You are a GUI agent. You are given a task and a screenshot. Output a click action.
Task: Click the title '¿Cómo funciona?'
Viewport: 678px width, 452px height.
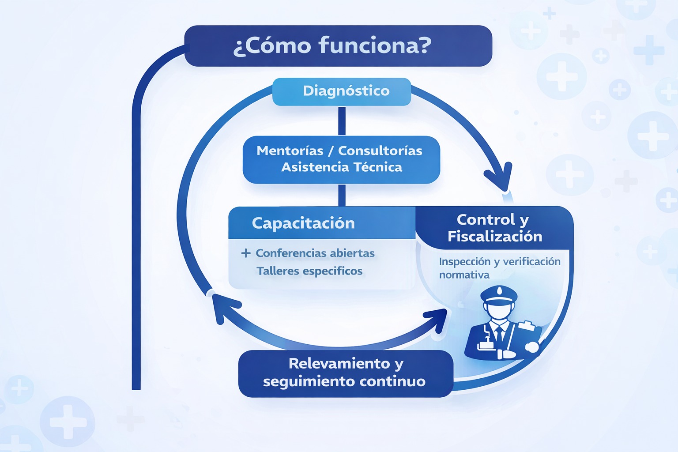click(x=332, y=45)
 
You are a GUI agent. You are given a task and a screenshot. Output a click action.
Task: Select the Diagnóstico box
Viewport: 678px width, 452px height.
click(x=342, y=91)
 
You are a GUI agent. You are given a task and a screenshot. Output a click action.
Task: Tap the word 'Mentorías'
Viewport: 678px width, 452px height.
click(x=290, y=151)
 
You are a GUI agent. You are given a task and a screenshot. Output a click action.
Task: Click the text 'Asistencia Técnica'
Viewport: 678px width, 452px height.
click(x=342, y=167)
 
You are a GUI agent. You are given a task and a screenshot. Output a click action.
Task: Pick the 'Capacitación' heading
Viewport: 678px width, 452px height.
click(x=303, y=223)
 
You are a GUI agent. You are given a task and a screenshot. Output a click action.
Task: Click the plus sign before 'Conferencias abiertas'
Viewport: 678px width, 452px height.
click(x=246, y=253)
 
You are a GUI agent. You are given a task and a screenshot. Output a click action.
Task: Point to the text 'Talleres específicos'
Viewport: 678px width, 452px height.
click(x=309, y=271)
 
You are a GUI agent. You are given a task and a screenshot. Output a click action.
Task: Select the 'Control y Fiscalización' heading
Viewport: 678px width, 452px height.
click(x=494, y=228)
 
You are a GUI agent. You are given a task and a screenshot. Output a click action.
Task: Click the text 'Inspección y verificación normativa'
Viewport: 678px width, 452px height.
click(x=499, y=268)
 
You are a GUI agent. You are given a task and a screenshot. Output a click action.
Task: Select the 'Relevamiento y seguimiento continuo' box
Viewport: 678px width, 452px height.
click(x=345, y=373)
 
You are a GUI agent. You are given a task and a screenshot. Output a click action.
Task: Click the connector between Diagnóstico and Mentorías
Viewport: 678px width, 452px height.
click(x=342, y=121)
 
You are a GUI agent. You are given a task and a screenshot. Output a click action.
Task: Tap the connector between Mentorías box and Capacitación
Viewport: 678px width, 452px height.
click(x=342, y=195)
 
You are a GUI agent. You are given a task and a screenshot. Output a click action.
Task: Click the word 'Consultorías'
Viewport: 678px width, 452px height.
click(x=380, y=151)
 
